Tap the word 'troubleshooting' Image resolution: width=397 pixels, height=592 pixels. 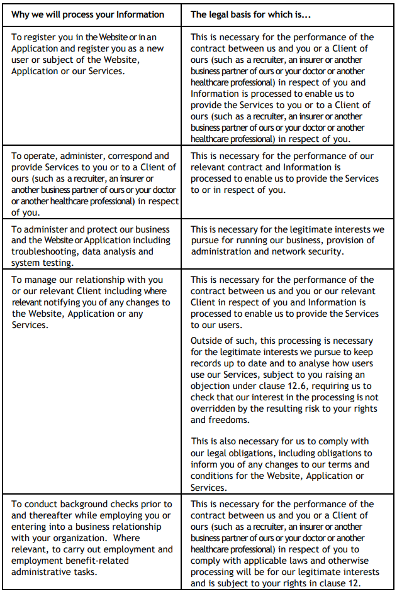pos(42,251)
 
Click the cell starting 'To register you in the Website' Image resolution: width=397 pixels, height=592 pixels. pos(95,54)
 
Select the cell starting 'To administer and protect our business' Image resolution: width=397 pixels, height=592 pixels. pos(95,246)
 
